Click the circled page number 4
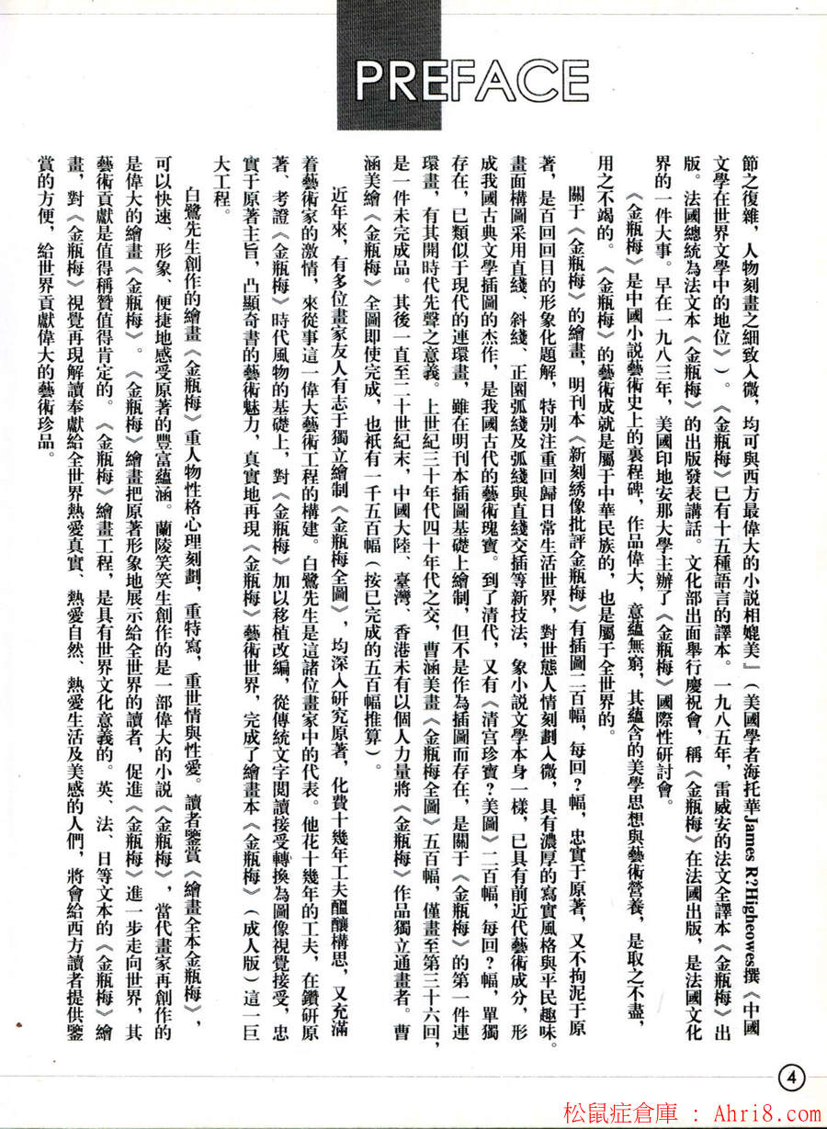pos(792,1074)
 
